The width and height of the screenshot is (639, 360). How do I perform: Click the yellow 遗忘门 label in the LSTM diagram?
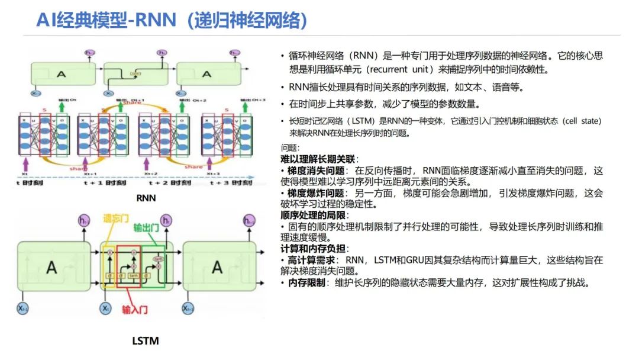coord(115,218)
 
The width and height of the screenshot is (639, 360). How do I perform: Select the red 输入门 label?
coord(134,309)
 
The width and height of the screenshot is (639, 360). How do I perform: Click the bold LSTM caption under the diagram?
coord(145,340)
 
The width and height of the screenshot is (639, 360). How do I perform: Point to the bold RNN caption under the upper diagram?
coord(146,198)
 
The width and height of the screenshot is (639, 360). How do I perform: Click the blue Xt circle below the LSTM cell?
coord(105,308)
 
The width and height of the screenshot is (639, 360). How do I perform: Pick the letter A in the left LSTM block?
coord(51,267)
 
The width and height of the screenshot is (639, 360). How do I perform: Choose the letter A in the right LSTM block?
coord(217,267)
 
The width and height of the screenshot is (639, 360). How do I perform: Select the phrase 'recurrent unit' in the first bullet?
coord(398,69)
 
